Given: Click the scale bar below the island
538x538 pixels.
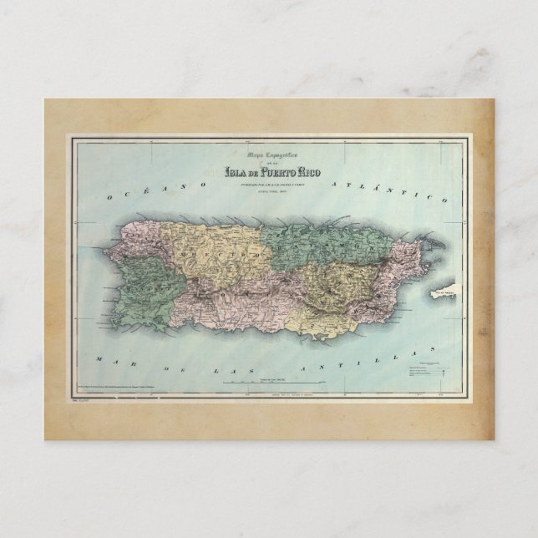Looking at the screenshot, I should click(268, 382).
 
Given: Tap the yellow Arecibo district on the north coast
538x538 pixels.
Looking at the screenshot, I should click(200, 242).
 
